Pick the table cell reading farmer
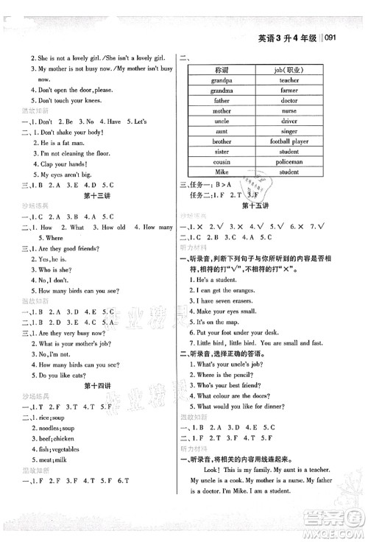click(x=289, y=98)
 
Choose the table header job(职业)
click(x=289, y=73)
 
